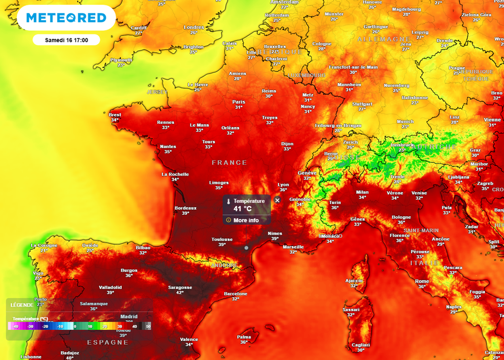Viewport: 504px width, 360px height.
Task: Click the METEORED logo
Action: tap(66, 18)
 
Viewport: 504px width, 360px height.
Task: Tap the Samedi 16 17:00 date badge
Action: tap(66, 40)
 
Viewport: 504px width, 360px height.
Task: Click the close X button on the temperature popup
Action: tap(277, 200)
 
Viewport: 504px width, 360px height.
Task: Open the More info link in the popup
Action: tap(246, 220)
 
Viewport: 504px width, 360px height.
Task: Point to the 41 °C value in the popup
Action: tap(242, 209)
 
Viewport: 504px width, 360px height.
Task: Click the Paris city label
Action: tap(239, 102)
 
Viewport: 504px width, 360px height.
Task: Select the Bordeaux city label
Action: tap(186, 208)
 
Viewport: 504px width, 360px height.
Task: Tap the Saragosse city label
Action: tap(180, 287)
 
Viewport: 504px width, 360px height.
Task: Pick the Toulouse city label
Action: tap(222, 240)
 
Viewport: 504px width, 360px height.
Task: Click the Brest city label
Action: tap(115, 115)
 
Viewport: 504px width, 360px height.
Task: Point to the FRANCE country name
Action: tap(229, 162)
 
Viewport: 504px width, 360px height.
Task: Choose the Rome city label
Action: tap(422, 281)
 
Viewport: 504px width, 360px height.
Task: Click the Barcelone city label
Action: tap(235, 294)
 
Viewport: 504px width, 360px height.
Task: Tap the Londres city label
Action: tap(193, 28)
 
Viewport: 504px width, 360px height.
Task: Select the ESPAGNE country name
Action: tap(107, 342)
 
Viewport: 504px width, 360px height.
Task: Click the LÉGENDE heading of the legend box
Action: tap(22, 305)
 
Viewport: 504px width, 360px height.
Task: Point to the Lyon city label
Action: tap(283, 185)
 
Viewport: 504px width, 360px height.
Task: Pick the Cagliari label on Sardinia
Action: tap(361, 345)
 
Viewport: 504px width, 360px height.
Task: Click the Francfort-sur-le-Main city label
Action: tap(353, 67)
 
